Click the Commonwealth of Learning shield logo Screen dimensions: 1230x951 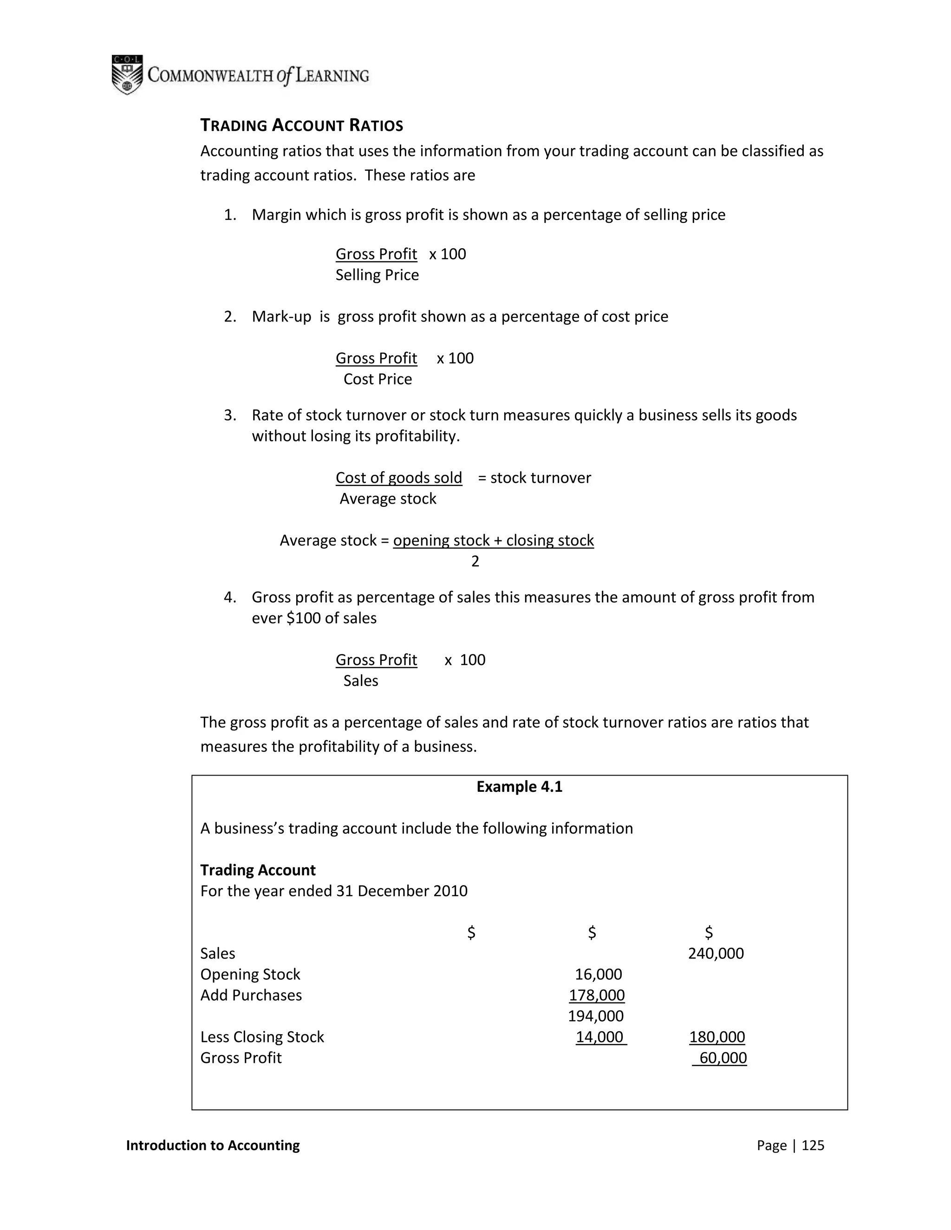(x=127, y=75)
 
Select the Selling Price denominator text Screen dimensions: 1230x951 (x=377, y=275)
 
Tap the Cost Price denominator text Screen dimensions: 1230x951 (x=378, y=379)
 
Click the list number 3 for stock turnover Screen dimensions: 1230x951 (x=229, y=415)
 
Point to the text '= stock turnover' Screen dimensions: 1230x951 (x=534, y=478)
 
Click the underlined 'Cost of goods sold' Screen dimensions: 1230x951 (x=398, y=478)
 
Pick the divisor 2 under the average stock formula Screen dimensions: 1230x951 (x=475, y=561)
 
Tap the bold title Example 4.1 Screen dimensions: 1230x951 (x=519, y=786)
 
